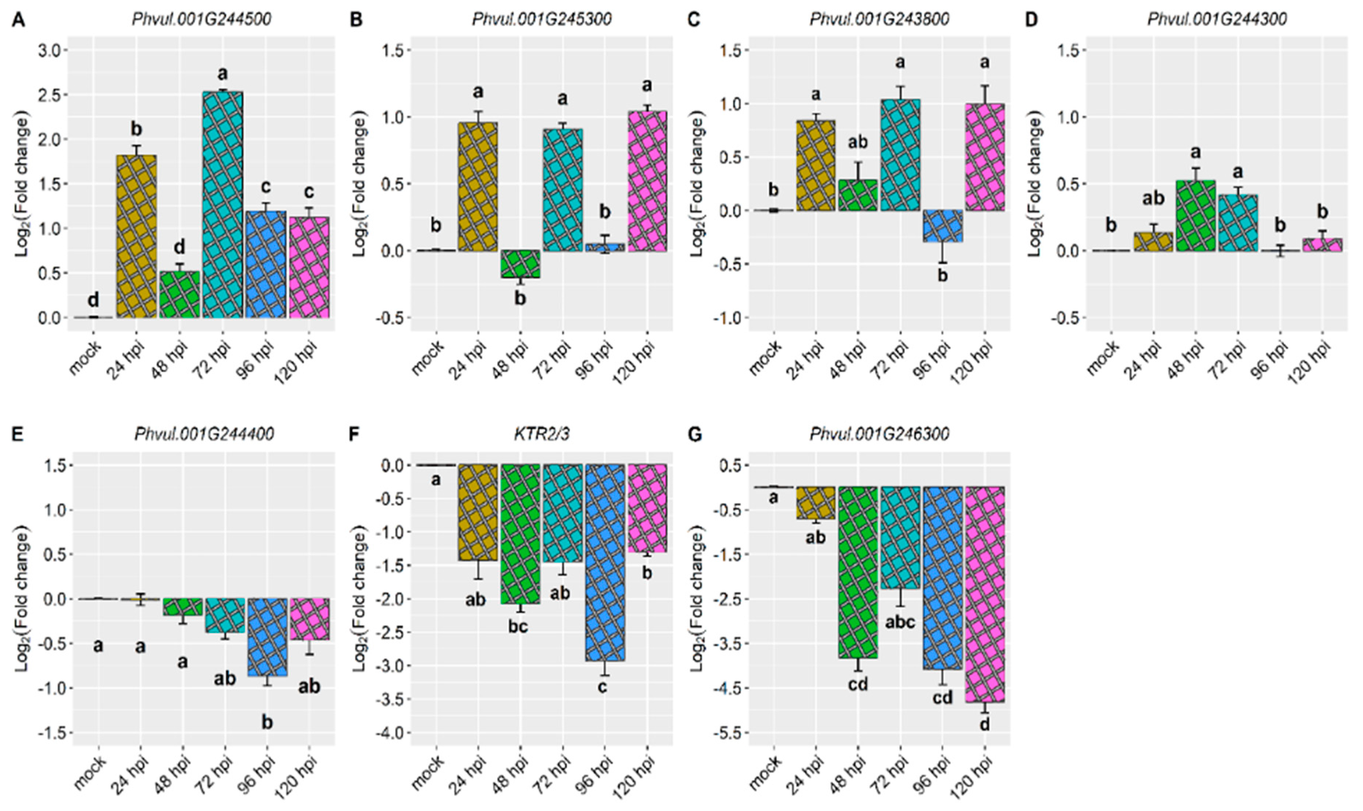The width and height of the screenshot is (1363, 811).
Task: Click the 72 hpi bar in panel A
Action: pos(222,205)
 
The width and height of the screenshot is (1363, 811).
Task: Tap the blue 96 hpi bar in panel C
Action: pos(942,226)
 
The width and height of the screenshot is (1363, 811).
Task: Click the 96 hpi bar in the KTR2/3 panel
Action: pos(604,563)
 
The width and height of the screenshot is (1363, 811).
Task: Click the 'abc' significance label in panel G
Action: pos(899,622)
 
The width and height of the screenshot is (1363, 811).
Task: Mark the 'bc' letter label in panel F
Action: pos(518,626)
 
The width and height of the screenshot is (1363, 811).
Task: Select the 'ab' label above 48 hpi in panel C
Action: pos(858,143)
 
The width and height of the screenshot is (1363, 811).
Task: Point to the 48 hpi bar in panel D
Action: pos(1195,216)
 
